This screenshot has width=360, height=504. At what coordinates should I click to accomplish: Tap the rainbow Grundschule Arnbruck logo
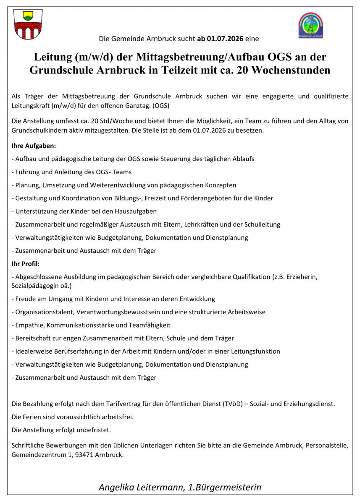(310, 25)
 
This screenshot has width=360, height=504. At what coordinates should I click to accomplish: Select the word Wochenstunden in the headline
(289, 70)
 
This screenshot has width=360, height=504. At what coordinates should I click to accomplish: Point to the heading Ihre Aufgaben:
(34, 146)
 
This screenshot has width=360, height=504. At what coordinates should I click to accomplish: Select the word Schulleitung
(260, 224)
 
